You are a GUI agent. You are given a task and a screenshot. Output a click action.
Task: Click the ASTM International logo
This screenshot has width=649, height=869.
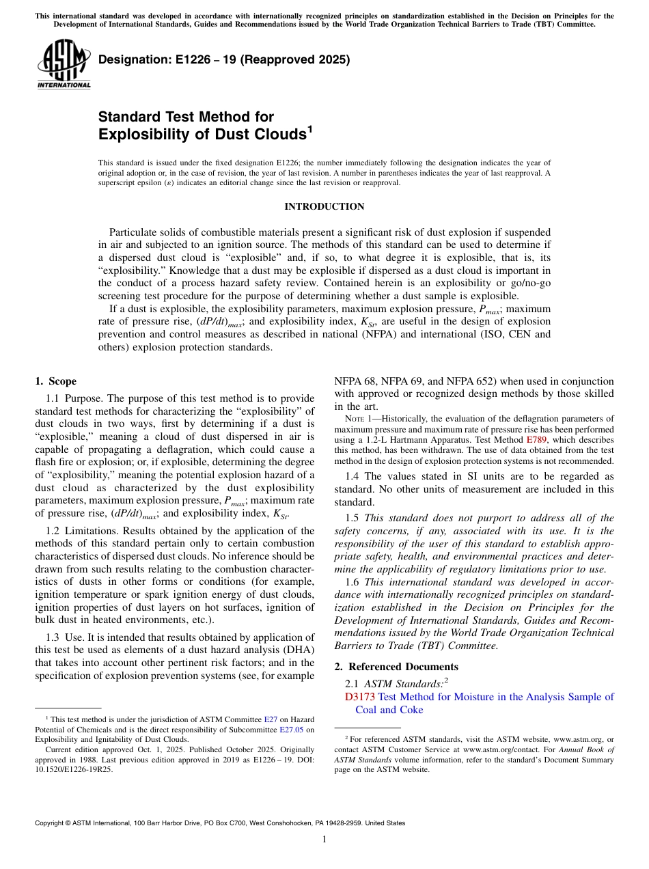[x=64, y=66]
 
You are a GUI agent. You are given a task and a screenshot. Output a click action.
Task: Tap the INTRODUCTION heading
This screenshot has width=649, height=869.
[x=324, y=206]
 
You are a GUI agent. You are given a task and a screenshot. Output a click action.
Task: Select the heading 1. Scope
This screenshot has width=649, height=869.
[x=56, y=381]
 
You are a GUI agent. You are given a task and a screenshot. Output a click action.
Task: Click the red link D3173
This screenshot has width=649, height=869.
[x=360, y=697]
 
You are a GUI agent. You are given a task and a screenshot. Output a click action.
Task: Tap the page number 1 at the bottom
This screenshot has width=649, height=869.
[x=324, y=840]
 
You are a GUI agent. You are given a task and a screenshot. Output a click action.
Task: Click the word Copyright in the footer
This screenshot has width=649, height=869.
[x=53, y=823]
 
